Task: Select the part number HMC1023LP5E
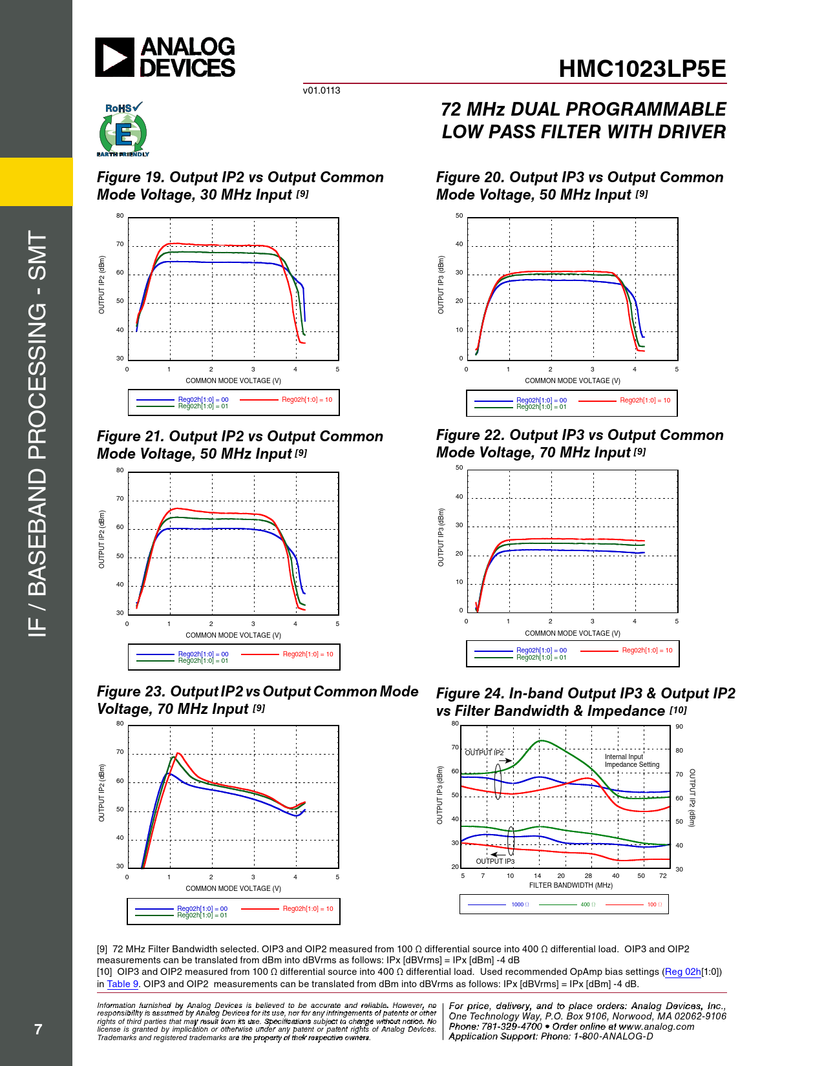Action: pos(642,69)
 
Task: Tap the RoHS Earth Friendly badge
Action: pos(123,130)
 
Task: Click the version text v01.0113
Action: pos(321,90)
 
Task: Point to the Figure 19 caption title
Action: pos(240,186)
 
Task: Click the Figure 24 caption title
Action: pos(585,702)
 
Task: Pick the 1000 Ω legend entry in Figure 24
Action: pos(520,904)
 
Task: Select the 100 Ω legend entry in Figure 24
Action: pos(654,904)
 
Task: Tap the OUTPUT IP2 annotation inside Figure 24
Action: pos(484,753)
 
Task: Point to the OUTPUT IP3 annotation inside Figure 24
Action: pos(495,861)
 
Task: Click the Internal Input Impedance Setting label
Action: pos(631,760)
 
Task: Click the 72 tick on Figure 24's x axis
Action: pos(662,876)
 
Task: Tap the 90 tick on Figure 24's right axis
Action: pos(679,727)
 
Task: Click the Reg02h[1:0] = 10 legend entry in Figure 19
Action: pos(306,400)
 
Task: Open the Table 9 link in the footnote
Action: pos(122,984)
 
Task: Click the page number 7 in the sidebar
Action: pos(38,1029)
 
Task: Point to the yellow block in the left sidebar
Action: pos(36,182)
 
